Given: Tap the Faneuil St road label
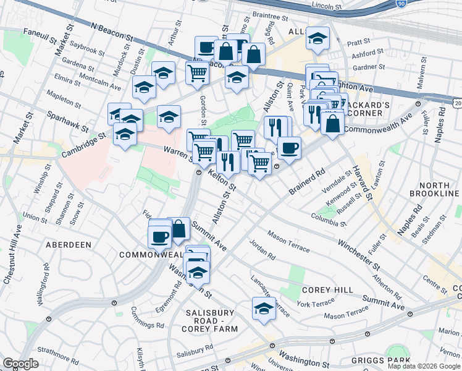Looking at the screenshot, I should coord(39,35).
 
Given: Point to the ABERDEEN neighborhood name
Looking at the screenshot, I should coord(68,245).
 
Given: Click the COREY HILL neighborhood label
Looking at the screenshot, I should coord(327,290).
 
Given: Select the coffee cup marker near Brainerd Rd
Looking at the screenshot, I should coord(288,148).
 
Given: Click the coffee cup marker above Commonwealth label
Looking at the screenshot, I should coord(159,236).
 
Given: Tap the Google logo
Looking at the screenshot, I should coord(21,364).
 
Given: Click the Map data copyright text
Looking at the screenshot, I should coord(424,366).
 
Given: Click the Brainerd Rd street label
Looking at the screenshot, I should coord(307,181).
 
